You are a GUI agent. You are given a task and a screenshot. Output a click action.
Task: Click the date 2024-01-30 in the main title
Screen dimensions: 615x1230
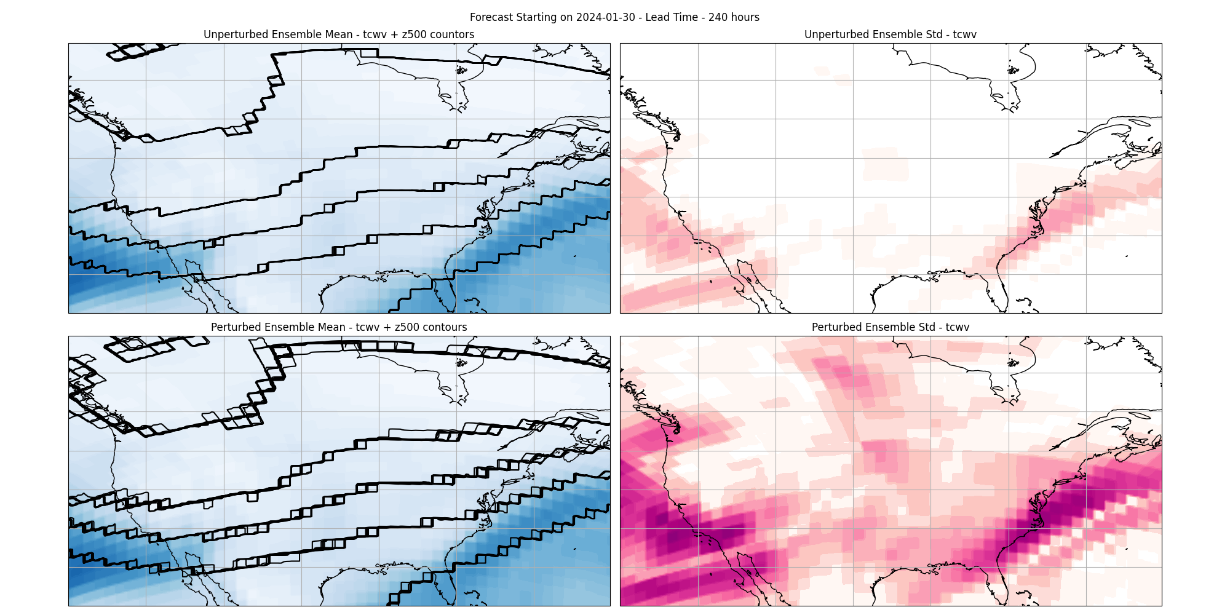pyautogui.click(x=606, y=17)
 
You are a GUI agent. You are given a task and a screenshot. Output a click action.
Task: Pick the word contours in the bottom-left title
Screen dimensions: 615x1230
pyautogui.click(x=445, y=327)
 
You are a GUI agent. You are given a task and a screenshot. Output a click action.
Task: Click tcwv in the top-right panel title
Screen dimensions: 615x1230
pyautogui.click(x=964, y=34)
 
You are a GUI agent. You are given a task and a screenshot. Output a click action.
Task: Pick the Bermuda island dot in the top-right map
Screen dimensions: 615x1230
pyautogui.click(x=1127, y=256)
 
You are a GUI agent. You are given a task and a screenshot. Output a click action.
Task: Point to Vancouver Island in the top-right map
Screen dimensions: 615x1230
pyautogui.click(x=633, y=98)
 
